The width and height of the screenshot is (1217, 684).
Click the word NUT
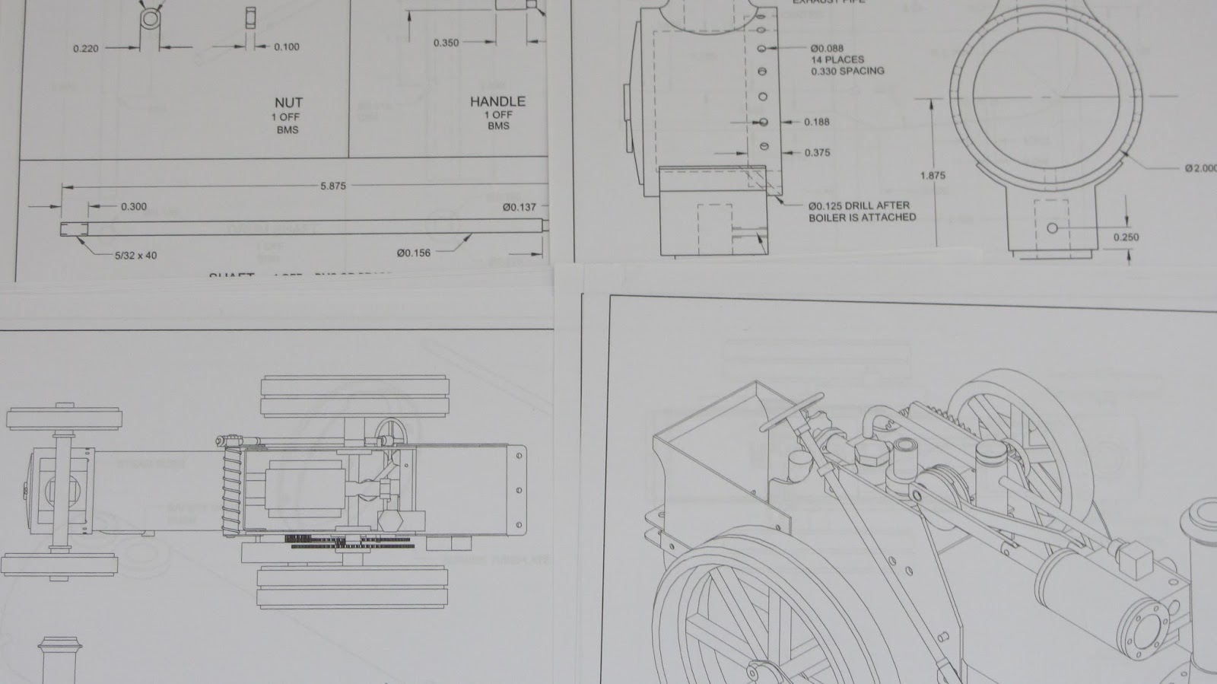(x=288, y=102)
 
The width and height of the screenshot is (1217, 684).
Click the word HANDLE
(x=497, y=101)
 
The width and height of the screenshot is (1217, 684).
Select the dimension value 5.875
(x=332, y=186)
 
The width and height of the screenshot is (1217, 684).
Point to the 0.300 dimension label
(x=134, y=206)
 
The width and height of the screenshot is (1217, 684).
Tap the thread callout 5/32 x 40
(x=135, y=256)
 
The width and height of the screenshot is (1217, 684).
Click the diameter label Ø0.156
(x=414, y=253)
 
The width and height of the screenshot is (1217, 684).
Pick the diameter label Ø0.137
(x=520, y=207)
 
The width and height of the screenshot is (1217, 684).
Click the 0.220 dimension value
(x=86, y=49)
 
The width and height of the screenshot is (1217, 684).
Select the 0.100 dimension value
(x=287, y=47)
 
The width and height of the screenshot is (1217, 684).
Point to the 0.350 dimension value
(x=446, y=43)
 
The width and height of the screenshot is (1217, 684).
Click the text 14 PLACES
(x=837, y=59)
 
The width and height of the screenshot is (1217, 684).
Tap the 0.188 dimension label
(x=817, y=122)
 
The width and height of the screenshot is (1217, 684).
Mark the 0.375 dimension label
(x=817, y=153)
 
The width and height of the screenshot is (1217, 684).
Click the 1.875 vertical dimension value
(x=933, y=176)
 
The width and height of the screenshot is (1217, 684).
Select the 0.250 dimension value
(x=1126, y=237)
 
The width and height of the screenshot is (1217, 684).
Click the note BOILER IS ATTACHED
(x=862, y=218)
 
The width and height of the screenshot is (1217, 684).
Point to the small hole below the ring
(x=1053, y=228)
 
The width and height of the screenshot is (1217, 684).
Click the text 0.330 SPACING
(x=847, y=71)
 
